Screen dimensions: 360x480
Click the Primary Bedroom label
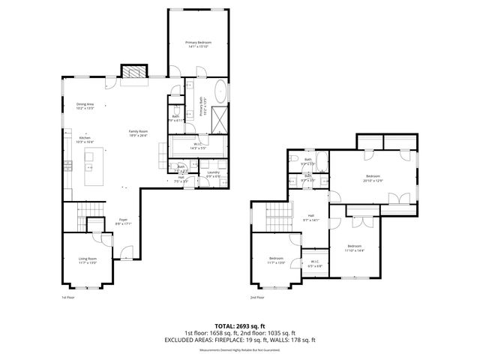click(x=199, y=43)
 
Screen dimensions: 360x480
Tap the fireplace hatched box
click(x=133, y=72)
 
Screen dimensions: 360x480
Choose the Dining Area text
click(x=85, y=103)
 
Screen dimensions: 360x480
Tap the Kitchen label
click(x=85, y=139)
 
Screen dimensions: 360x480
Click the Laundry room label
click(x=214, y=173)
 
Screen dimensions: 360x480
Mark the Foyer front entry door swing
click(x=127, y=251)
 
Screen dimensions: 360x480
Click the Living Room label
click(x=88, y=259)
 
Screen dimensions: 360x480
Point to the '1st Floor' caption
click(x=68, y=297)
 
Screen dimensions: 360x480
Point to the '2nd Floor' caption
click(x=257, y=297)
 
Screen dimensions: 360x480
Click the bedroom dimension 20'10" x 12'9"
click(x=373, y=180)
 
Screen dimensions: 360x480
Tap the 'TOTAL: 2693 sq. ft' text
click(x=239, y=326)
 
